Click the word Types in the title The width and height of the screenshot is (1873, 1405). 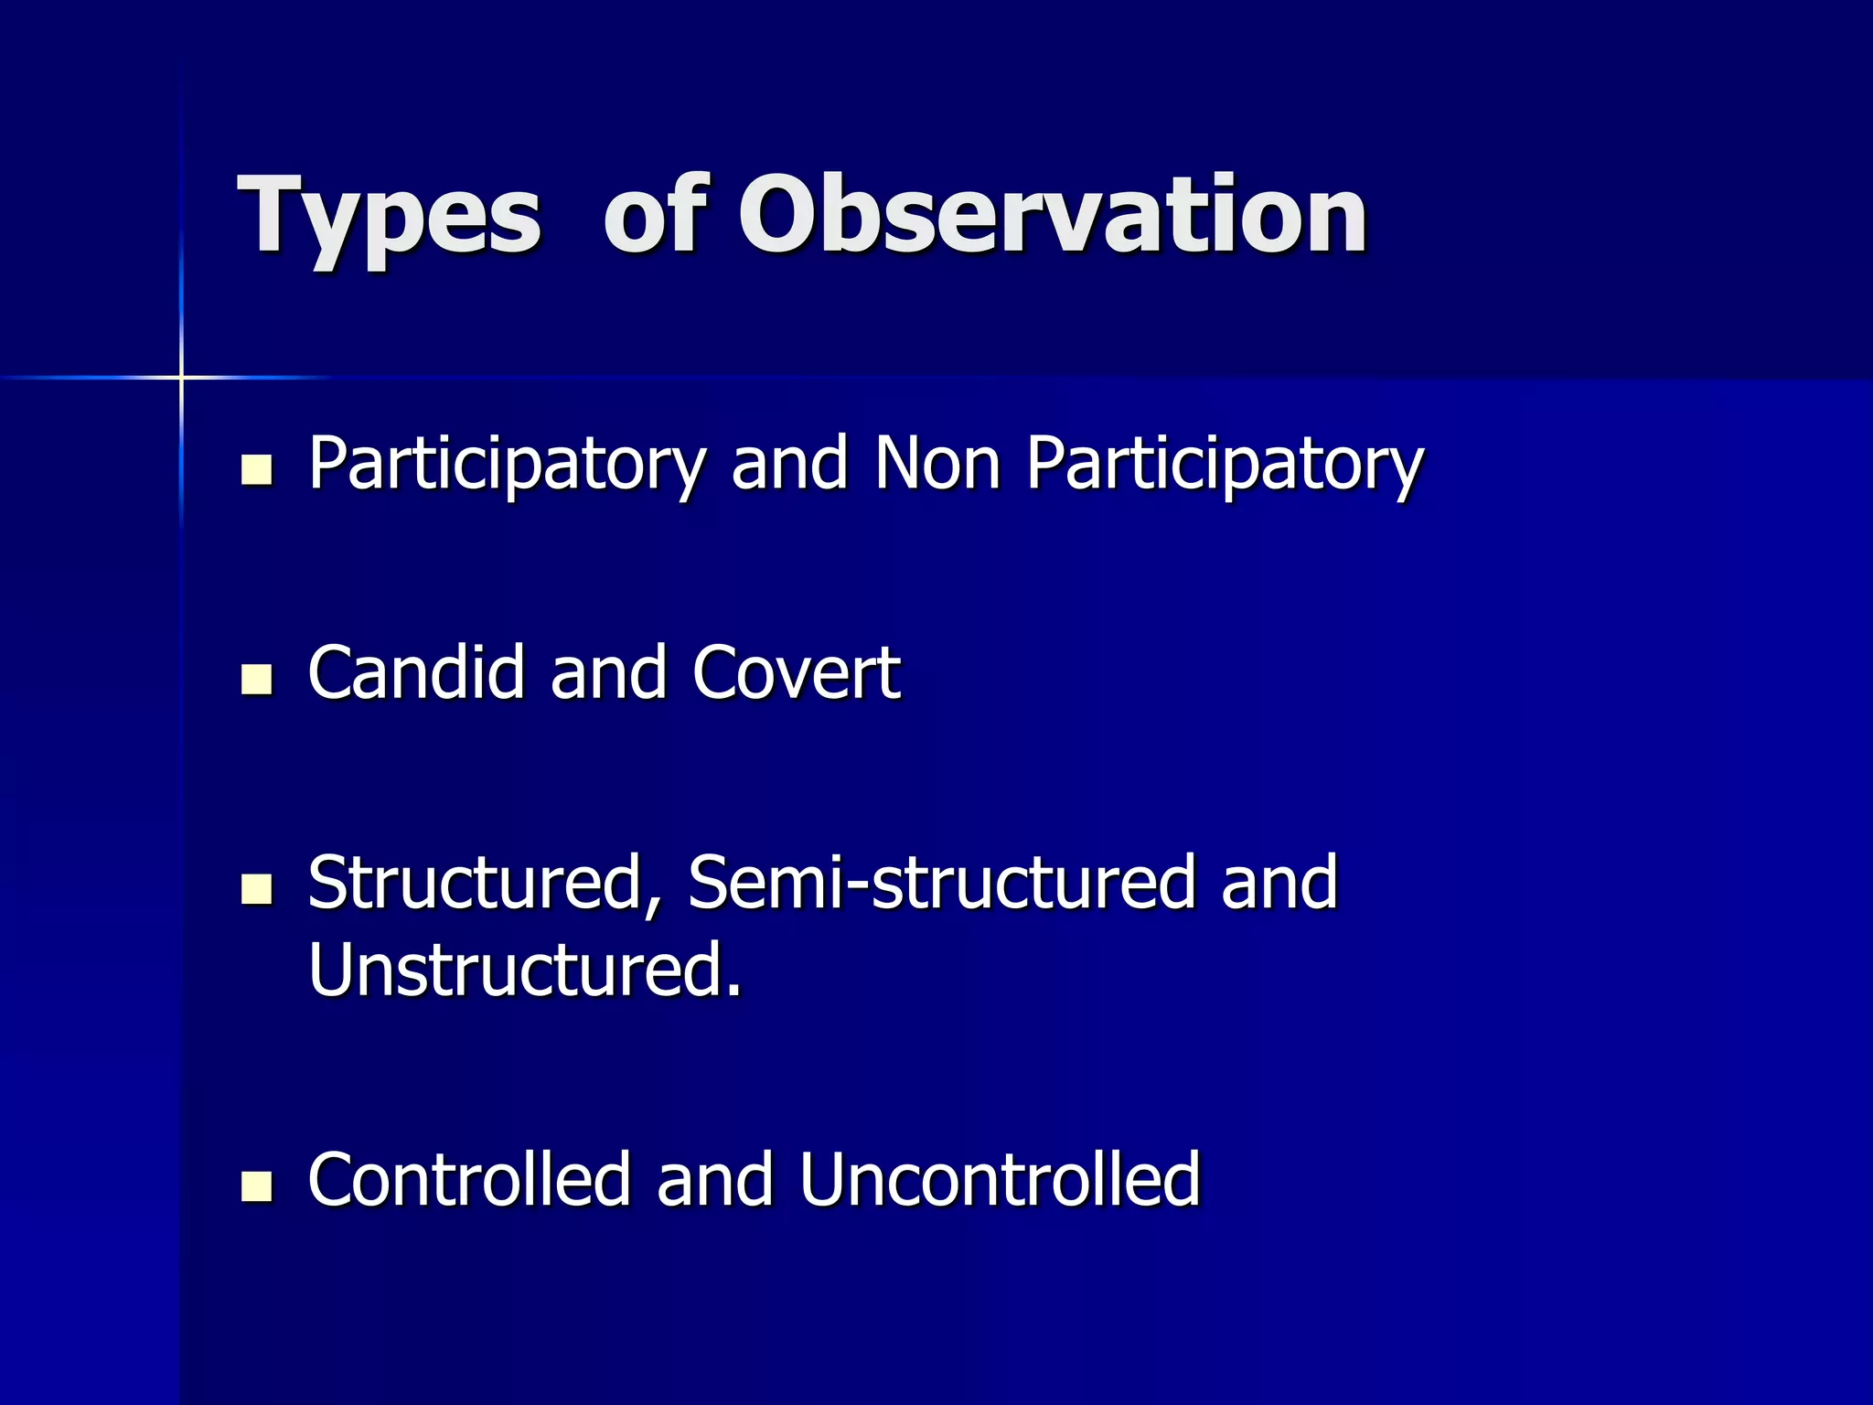[x=389, y=218]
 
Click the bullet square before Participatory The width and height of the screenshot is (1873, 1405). [x=256, y=469]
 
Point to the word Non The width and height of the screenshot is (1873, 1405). [x=937, y=463]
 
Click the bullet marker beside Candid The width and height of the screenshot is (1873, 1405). [x=256, y=680]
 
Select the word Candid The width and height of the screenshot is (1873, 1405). [x=416, y=673]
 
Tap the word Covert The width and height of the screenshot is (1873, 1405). [x=797, y=673]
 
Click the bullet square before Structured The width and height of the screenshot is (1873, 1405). [x=256, y=888]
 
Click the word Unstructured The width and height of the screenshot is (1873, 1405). [x=524, y=970]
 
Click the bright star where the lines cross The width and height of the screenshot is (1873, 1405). [x=181, y=377]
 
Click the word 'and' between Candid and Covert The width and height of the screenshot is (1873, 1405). [x=608, y=673]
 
